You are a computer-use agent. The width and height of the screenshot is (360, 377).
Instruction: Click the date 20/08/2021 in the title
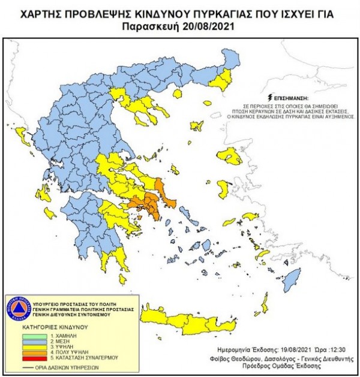[207, 26]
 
